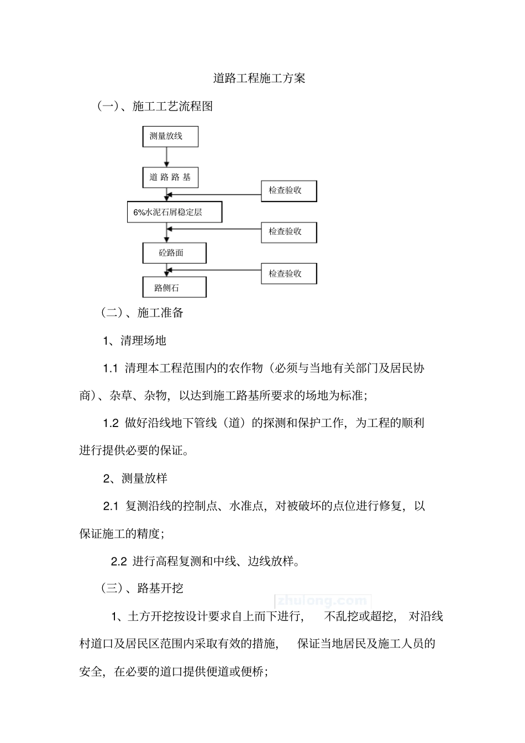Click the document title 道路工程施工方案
click(x=259, y=78)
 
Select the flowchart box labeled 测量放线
click(x=170, y=136)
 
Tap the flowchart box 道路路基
click(x=170, y=177)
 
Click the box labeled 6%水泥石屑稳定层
click(x=175, y=212)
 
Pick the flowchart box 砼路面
click(x=174, y=253)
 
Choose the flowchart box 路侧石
click(x=174, y=287)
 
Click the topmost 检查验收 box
click(x=289, y=191)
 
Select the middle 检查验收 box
click(x=289, y=231)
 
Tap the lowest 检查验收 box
click(x=289, y=273)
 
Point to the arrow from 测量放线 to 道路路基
click(x=167, y=157)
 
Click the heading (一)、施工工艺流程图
click(x=155, y=107)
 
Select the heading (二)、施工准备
click(x=143, y=313)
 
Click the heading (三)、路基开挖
click(x=143, y=588)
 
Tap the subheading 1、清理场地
click(x=135, y=340)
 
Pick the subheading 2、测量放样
click(x=135, y=478)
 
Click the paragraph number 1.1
click(x=111, y=368)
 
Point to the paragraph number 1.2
click(x=111, y=423)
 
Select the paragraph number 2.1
click(x=111, y=506)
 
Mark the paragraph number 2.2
click(x=119, y=561)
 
